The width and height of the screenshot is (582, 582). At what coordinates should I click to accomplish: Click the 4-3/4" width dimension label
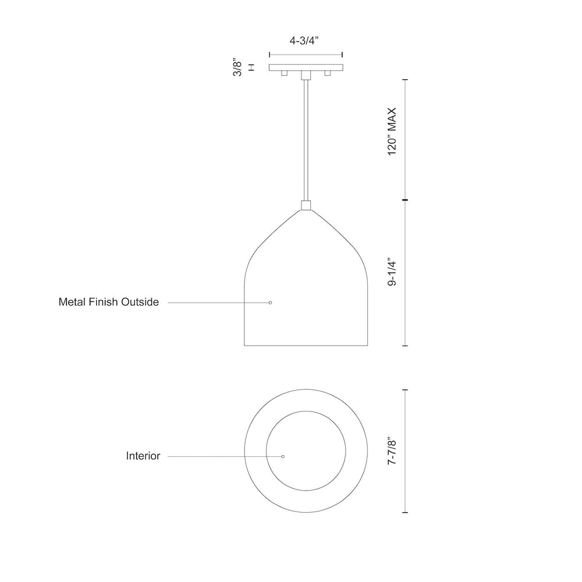[304, 41]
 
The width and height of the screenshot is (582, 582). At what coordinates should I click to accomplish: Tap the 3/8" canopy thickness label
[237, 67]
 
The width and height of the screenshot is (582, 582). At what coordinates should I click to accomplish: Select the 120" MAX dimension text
[392, 132]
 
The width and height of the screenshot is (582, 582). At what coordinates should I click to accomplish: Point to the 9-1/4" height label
[392, 271]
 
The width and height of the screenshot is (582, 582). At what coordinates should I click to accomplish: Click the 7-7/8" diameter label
[392, 451]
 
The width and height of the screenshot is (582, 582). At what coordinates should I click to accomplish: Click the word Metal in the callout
[72, 301]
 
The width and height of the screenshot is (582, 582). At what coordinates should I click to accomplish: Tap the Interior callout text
[143, 456]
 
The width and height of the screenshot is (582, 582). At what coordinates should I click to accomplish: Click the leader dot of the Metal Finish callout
[270, 303]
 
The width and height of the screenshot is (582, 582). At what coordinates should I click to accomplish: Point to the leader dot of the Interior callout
[283, 456]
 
